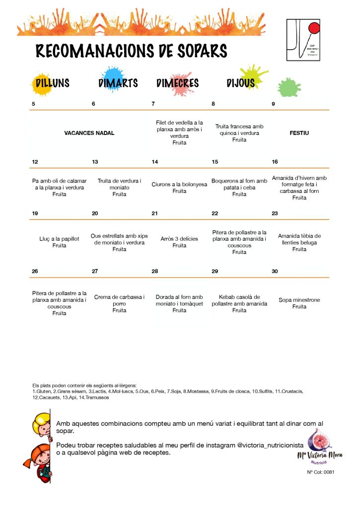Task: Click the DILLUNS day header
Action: click(x=52, y=83)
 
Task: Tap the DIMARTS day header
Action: click(x=118, y=83)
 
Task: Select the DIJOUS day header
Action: click(x=240, y=83)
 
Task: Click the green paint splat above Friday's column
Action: click(x=288, y=87)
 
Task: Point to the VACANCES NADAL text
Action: click(x=89, y=133)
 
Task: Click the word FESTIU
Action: click(x=299, y=133)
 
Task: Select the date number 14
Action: click(x=155, y=162)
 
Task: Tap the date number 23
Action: click(x=275, y=213)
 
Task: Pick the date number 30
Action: click(x=275, y=271)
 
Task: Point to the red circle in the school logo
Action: click(x=314, y=28)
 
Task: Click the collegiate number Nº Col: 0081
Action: click(x=320, y=472)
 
